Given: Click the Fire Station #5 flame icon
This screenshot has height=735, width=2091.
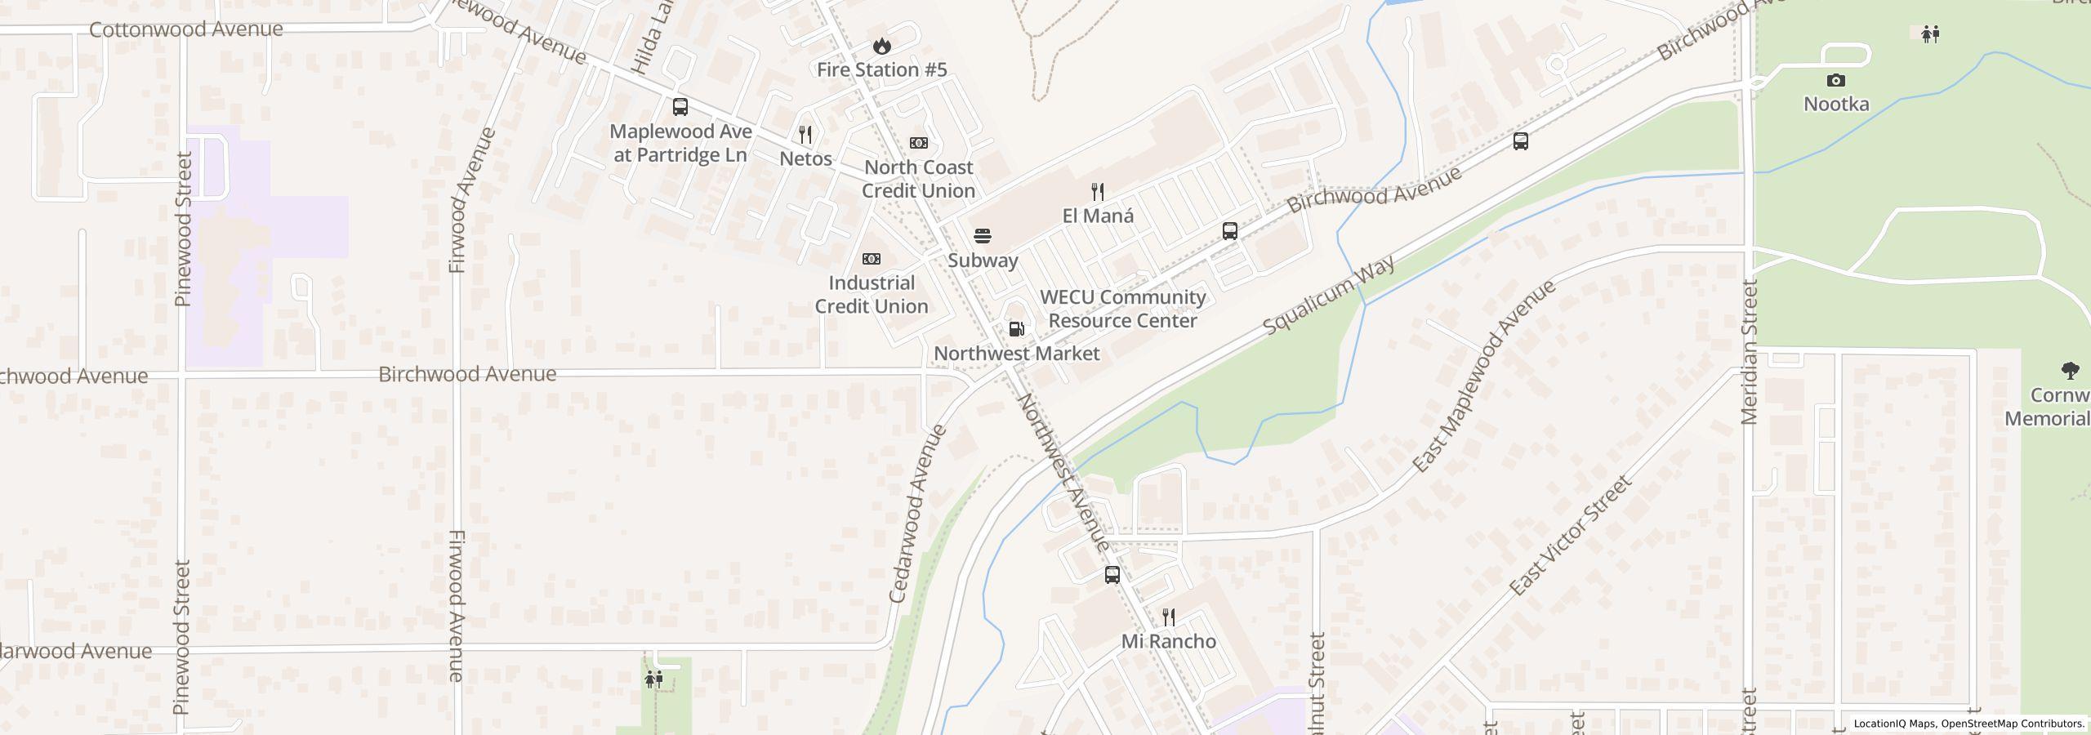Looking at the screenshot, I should coord(881,46).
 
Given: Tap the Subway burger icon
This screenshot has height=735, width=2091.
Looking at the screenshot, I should coord(983,237).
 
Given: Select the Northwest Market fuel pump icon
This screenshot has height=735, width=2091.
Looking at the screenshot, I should coord(1017,329).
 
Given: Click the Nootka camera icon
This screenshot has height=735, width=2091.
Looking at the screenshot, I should coord(1836,80).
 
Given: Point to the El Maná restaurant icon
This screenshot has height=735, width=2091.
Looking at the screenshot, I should coord(1098,192).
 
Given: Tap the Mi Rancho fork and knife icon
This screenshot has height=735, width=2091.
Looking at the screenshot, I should coord(1169,617).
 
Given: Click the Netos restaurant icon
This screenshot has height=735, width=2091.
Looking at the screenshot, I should coord(805,135).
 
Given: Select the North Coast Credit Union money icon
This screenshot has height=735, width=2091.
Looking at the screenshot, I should coord(919,143).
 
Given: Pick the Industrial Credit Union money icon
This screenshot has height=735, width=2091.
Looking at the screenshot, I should coord(872,259).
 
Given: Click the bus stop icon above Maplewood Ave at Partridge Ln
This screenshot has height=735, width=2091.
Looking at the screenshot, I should coord(680,107).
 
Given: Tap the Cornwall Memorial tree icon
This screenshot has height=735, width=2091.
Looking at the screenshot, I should coord(2070,372).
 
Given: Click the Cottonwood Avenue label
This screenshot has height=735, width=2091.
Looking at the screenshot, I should coord(186,29).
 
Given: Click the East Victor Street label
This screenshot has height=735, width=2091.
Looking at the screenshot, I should coord(1569,536).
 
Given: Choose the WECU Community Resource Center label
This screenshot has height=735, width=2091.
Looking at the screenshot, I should coord(1122,309).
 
